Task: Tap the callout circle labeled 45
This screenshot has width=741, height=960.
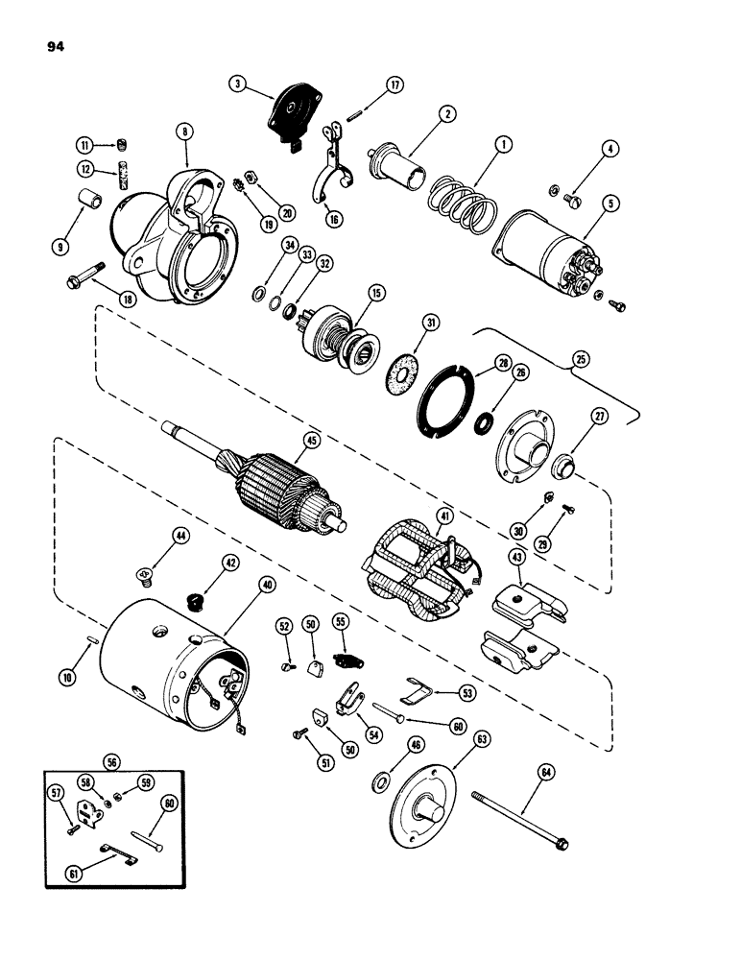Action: [x=310, y=442]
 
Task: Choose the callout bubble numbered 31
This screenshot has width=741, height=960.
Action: [x=433, y=324]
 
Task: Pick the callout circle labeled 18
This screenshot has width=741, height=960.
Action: [x=127, y=299]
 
